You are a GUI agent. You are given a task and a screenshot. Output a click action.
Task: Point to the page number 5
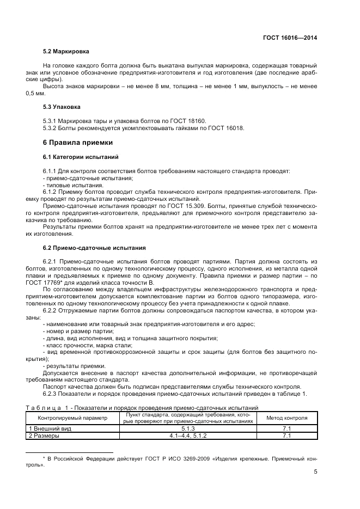tap(315, 472)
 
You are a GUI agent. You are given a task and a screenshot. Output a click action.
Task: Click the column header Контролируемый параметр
tap(72, 418)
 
